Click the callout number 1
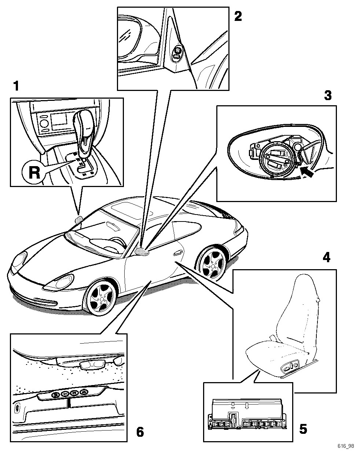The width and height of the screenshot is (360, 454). click(15, 87)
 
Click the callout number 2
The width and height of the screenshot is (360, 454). click(238, 16)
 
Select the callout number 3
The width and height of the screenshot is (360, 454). click(328, 95)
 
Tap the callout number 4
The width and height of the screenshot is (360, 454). click(326, 258)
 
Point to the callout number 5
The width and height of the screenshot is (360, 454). click(303, 428)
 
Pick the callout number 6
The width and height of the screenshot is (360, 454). click(140, 432)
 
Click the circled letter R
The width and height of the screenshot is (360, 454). click(34, 172)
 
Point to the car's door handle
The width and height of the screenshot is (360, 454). click(178, 252)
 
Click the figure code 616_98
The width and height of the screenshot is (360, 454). click(346, 446)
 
